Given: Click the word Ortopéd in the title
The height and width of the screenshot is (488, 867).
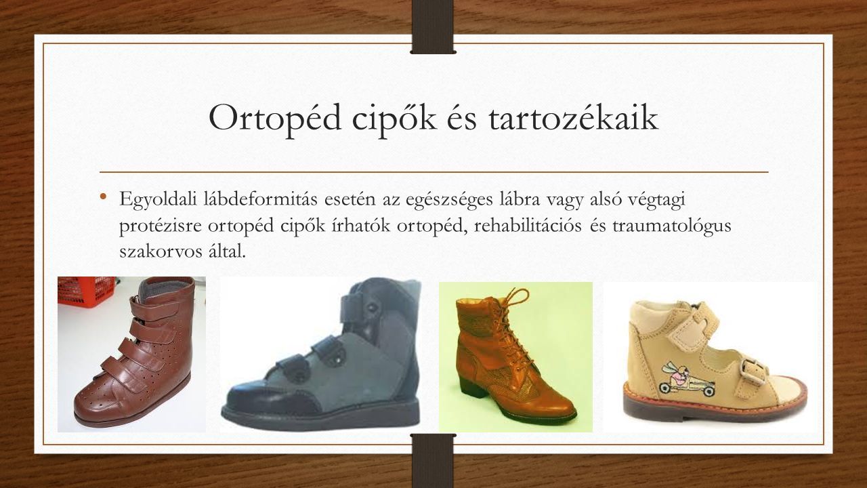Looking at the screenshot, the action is coord(275,118).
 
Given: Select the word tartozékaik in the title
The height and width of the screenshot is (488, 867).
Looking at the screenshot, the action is coord(573,117).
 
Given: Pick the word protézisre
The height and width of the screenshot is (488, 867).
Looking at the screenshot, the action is coord(161,227).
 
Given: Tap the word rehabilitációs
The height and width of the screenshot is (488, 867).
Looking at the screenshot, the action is coord(528,226).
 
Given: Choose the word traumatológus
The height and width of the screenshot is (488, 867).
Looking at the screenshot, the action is coord(672,227).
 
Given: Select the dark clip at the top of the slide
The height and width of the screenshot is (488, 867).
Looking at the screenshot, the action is coord(433,26).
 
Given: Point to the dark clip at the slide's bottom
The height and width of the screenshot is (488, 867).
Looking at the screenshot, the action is coord(433,461).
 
